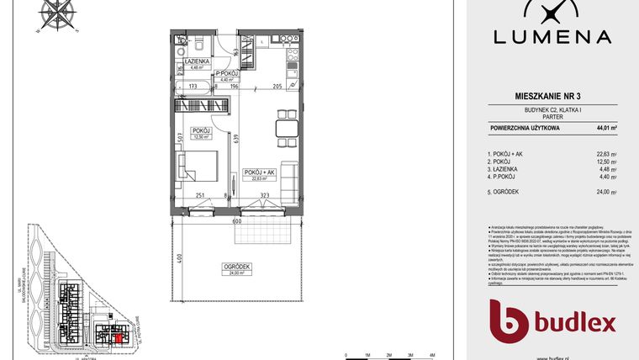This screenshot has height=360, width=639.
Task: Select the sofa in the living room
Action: point(288,178)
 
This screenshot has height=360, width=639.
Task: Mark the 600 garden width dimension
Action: point(238,221)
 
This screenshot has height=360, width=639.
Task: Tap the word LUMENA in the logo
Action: point(552,37)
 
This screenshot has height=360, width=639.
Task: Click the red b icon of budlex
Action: point(510,320)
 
